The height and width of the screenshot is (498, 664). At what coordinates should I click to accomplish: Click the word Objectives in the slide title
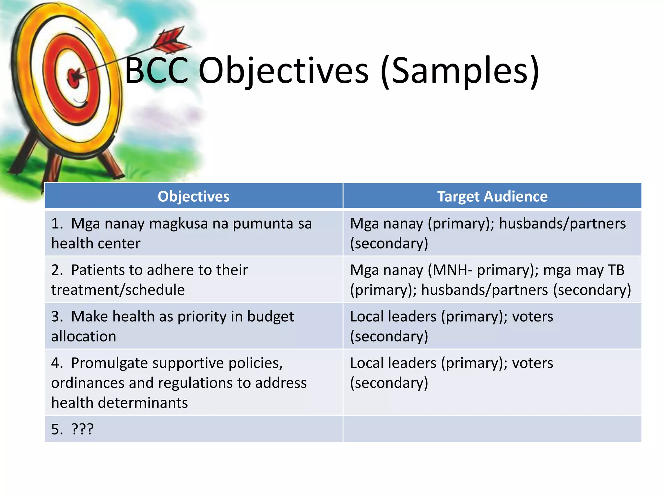[x=283, y=71]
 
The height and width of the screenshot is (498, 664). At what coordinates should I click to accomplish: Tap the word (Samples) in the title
[x=460, y=71]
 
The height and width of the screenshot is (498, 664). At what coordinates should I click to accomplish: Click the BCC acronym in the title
[x=156, y=71]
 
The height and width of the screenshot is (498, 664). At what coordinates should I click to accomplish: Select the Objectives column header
[x=193, y=196]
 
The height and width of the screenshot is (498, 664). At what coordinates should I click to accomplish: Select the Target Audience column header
[x=492, y=196]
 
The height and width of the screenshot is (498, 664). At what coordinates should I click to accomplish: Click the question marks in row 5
[x=82, y=429]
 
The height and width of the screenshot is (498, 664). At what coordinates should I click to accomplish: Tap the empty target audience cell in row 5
[x=492, y=429]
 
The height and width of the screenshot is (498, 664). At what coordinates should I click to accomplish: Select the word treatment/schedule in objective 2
[x=118, y=290]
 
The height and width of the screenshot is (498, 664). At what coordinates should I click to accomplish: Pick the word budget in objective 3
[x=270, y=317]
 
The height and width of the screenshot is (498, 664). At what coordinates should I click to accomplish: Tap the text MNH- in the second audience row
[x=452, y=270]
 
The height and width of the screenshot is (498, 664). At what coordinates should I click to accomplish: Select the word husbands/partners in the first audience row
[x=562, y=224]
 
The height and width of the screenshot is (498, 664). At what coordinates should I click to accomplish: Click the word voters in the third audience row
[x=532, y=317]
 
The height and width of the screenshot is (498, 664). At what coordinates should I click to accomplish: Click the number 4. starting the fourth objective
[x=57, y=363]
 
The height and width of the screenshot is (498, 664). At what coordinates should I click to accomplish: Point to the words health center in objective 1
[x=96, y=243]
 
